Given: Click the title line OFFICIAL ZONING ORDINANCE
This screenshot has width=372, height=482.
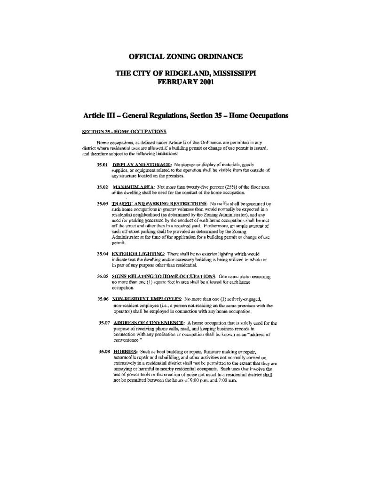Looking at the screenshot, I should tap(186, 57).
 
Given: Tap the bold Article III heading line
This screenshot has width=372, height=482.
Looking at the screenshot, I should tap(185, 116).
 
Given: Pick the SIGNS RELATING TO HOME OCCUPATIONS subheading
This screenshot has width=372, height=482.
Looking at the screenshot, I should tap(164, 276).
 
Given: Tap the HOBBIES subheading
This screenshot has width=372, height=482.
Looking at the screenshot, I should tap(125, 351).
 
